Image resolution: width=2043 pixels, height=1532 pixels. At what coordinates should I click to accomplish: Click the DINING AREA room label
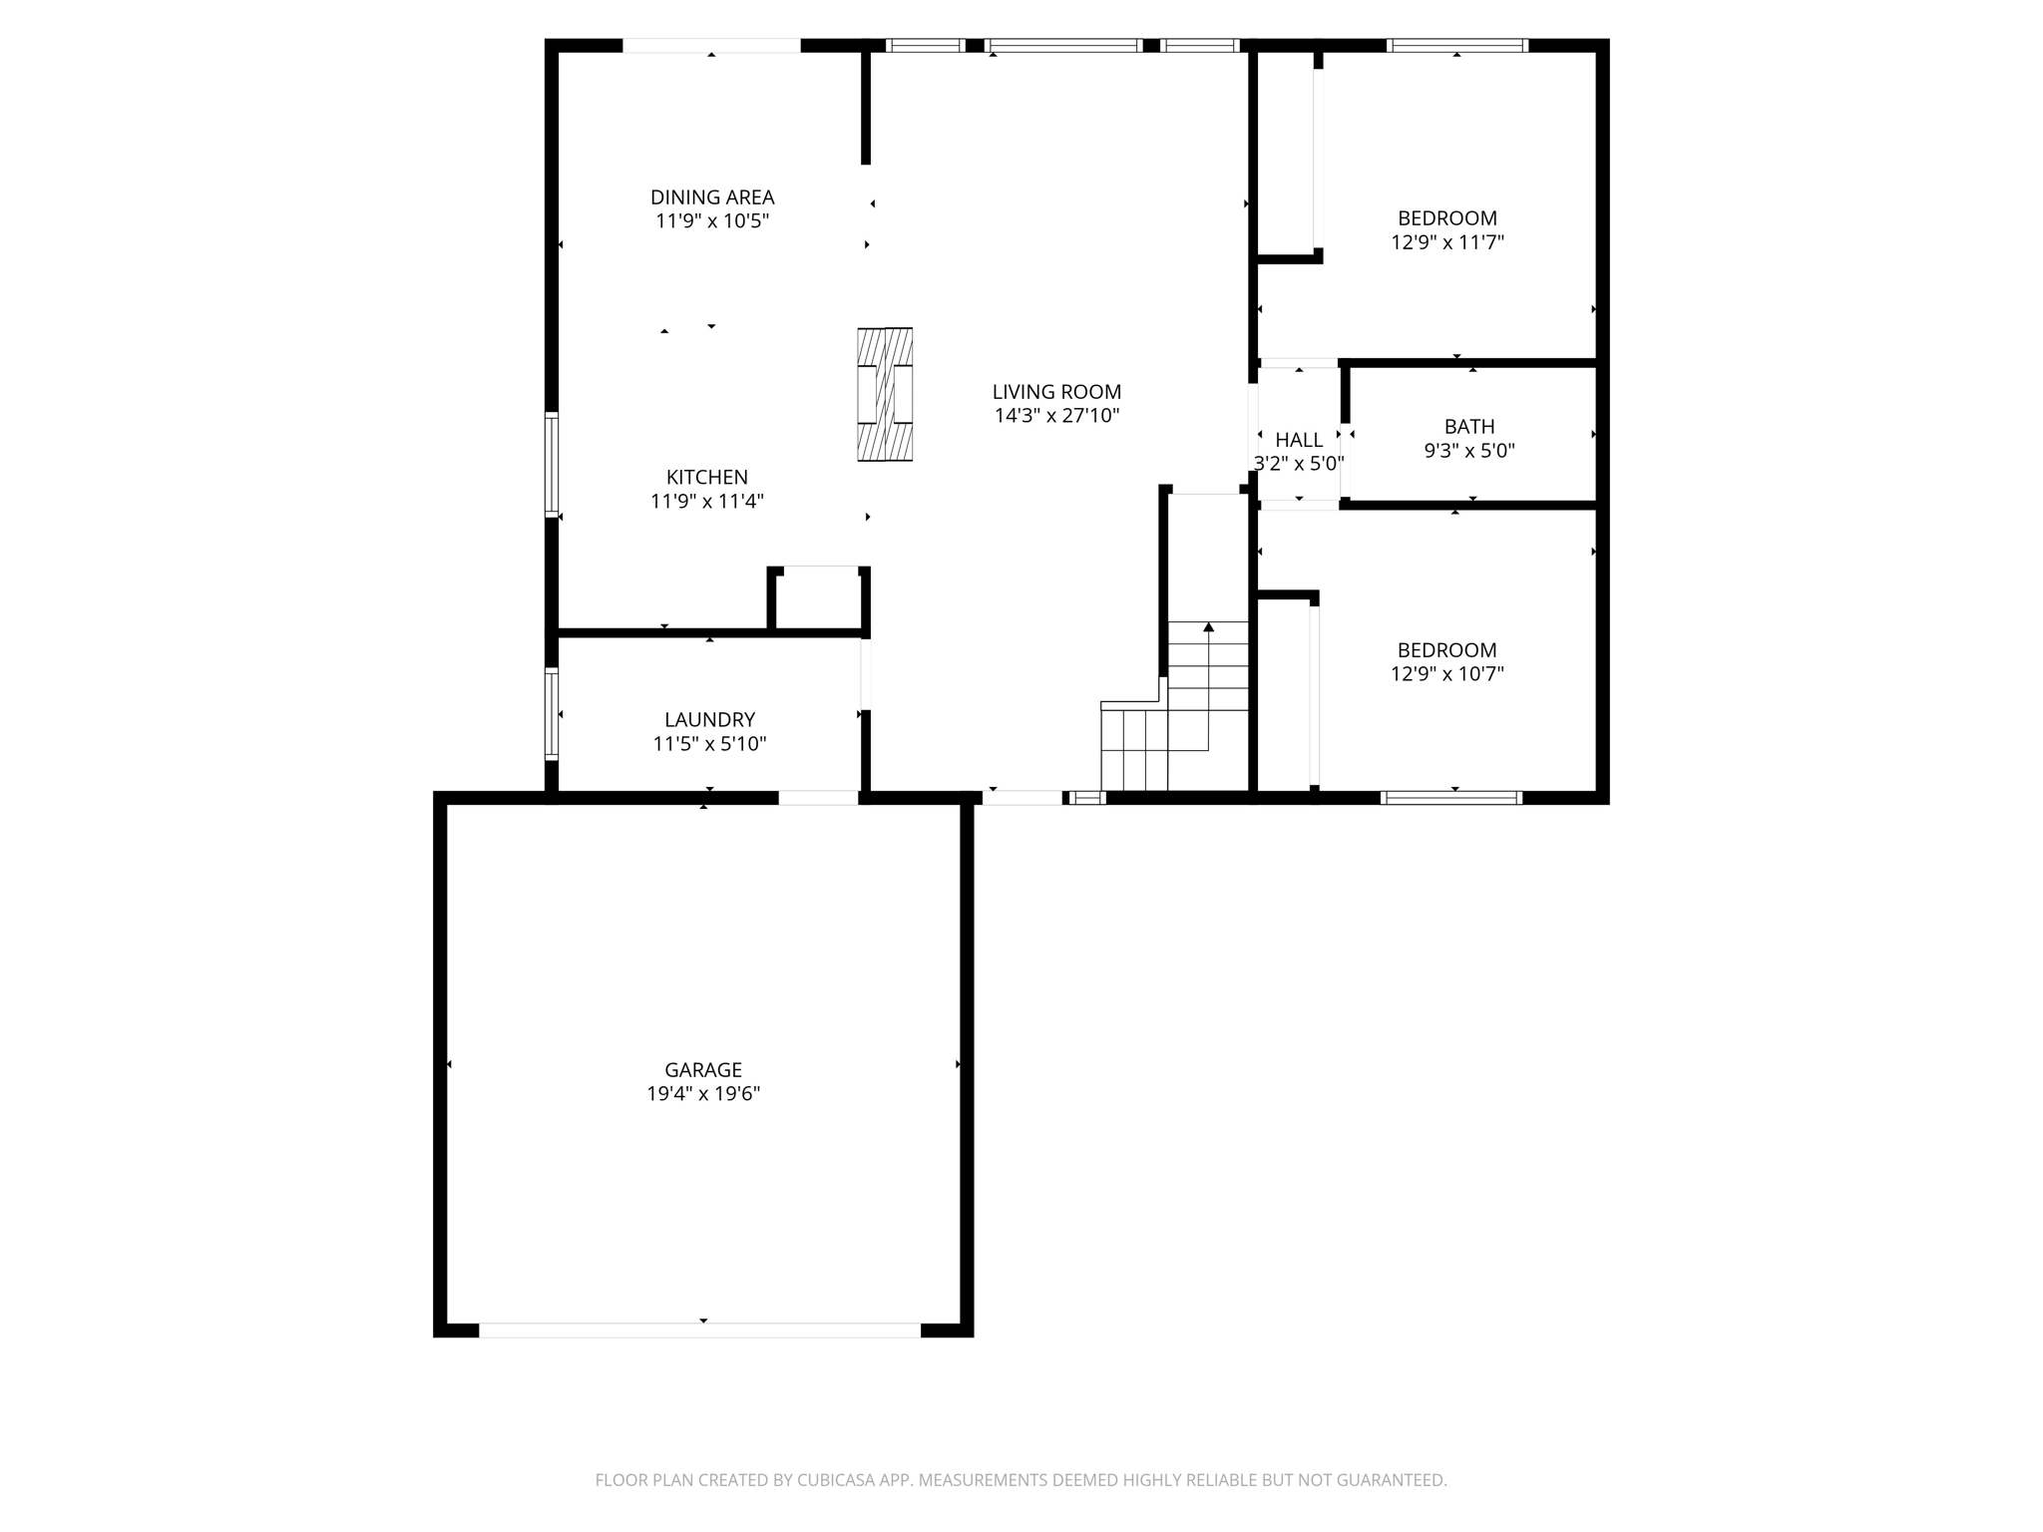(x=712, y=197)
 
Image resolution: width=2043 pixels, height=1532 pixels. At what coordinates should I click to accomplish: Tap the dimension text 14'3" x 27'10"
(x=1056, y=416)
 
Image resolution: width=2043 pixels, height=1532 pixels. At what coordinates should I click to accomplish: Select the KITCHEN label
(x=706, y=478)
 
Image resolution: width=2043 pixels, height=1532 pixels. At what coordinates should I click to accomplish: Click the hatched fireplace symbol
(x=885, y=394)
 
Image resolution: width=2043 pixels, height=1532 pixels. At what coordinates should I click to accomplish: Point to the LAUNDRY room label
(x=709, y=720)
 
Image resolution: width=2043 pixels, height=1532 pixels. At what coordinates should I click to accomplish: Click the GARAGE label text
(x=703, y=1070)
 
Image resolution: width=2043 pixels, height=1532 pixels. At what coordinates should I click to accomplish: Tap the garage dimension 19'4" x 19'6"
(x=703, y=1094)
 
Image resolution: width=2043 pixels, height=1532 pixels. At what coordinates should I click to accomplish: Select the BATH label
(x=1468, y=427)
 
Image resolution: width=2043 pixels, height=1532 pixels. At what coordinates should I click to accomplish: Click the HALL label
(x=1299, y=440)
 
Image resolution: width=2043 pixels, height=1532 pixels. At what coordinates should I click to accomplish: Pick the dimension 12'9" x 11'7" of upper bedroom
(x=1446, y=242)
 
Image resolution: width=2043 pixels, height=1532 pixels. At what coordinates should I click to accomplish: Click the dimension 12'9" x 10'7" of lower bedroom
(x=1446, y=674)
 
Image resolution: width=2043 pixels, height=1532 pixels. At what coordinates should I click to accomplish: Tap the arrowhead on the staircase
(x=1208, y=627)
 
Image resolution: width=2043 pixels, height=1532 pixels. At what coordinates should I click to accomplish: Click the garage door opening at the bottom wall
(x=699, y=1330)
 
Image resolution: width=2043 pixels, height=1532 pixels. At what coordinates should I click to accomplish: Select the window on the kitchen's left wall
(x=551, y=464)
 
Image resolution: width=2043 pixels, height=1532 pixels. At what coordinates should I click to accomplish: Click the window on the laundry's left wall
(x=551, y=713)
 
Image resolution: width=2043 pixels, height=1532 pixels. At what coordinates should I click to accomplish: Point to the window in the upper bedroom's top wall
(x=1456, y=45)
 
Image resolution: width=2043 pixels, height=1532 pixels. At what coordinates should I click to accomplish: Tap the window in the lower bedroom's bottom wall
(x=1451, y=797)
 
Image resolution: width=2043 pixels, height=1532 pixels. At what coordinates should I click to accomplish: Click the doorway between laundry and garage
(x=818, y=797)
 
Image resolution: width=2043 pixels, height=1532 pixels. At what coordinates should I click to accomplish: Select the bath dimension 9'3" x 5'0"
(x=1468, y=451)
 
